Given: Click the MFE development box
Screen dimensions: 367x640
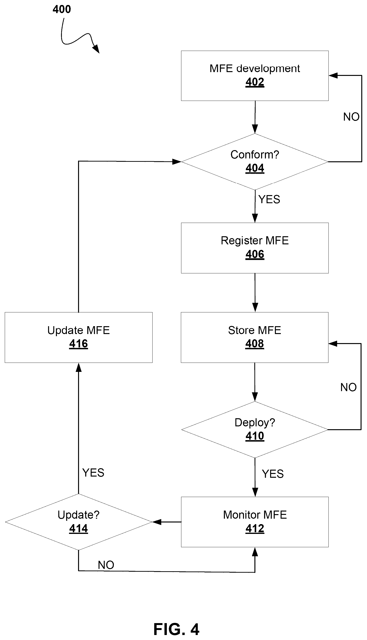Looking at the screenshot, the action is [255, 76].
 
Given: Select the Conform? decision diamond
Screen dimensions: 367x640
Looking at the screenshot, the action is [255, 162].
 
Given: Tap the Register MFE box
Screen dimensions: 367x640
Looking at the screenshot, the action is [255, 248].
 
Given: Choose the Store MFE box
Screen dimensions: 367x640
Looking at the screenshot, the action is [255, 337].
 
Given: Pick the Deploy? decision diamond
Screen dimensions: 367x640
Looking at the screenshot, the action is [255, 430].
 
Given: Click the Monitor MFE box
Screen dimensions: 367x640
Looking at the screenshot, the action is [255, 522].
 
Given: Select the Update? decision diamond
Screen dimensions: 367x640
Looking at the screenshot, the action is [79, 522].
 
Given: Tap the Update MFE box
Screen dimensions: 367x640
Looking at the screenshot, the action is [79, 337].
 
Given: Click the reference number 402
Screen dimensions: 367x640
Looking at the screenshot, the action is [255, 82].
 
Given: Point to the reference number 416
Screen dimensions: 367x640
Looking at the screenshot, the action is [79, 344].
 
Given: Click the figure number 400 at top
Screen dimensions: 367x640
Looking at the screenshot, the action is [62, 9].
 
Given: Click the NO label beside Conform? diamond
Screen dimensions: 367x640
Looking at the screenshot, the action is [351, 117].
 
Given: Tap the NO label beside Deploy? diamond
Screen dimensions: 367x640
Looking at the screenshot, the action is [349, 387].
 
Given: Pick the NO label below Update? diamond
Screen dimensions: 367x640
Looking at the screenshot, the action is [106, 565].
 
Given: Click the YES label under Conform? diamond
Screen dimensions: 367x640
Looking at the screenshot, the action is [269, 199].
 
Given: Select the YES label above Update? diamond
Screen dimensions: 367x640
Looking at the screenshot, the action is [93, 473].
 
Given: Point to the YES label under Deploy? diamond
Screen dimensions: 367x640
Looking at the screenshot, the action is [273, 474].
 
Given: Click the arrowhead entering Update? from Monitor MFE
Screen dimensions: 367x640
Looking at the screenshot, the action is [157, 522].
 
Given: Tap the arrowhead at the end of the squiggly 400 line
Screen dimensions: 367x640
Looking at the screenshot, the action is [96, 49].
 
